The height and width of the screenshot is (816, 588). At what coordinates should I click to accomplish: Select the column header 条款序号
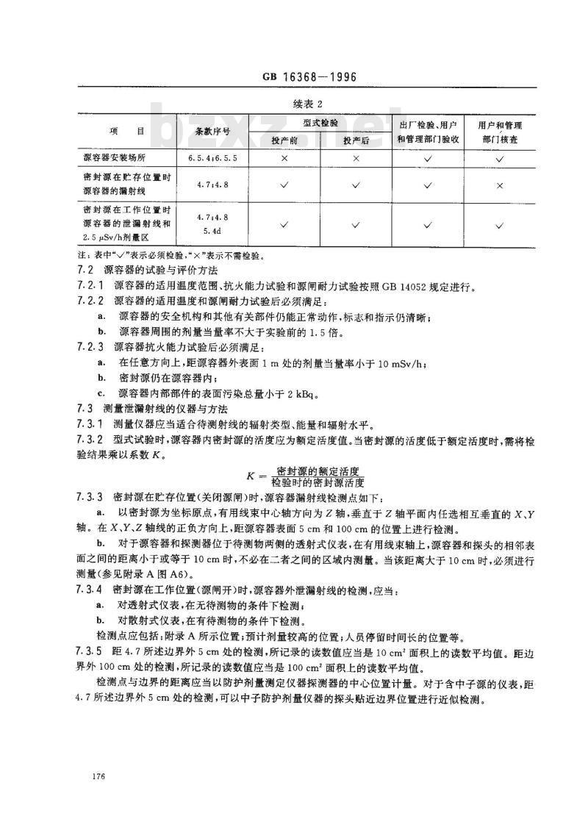212,132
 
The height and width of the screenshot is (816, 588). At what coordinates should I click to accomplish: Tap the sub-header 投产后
356,139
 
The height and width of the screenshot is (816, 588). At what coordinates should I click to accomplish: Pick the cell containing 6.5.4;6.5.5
212,158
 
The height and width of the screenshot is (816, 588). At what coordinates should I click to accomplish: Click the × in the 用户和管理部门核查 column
499,186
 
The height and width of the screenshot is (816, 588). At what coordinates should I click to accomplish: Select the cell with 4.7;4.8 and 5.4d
212,225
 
